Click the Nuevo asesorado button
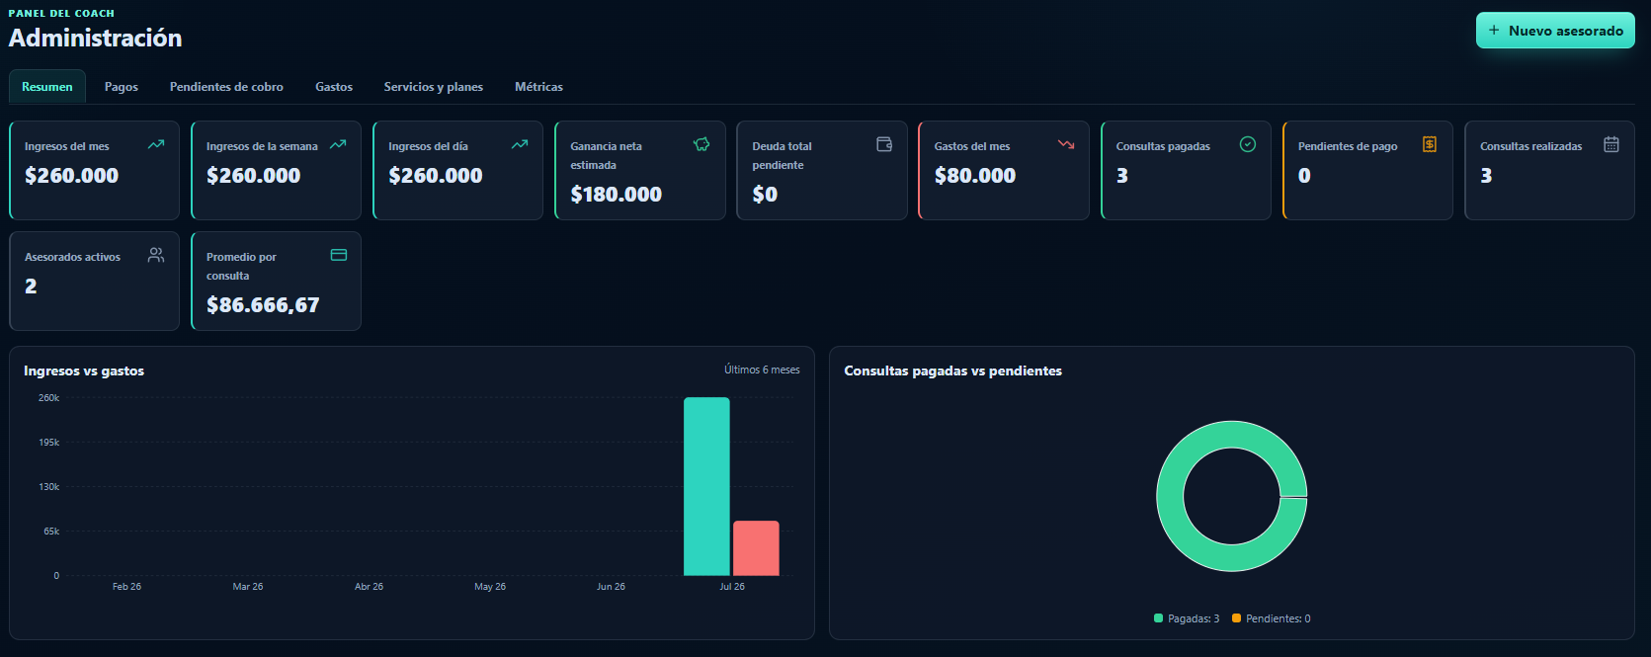tap(1555, 31)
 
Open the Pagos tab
tap(121, 86)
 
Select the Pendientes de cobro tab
tap(226, 86)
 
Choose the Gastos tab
tap(334, 86)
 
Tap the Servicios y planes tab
tap(434, 86)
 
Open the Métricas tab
tap(538, 86)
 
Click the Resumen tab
tap(47, 86)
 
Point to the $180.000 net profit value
tap(617, 194)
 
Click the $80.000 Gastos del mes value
tap(975, 176)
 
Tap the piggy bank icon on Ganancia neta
tap(702, 144)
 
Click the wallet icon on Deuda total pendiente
tap(883, 144)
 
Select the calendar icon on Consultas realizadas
tap(1611, 144)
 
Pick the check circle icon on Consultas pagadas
tap(1247, 144)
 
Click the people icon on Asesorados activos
tap(155, 254)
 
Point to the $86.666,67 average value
tap(263, 304)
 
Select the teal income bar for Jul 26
tap(706, 487)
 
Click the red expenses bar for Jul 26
tap(756, 548)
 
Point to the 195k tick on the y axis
tap(49, 443)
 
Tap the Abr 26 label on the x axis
tap(369, 586)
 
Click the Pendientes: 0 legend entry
tap(1272, 618)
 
